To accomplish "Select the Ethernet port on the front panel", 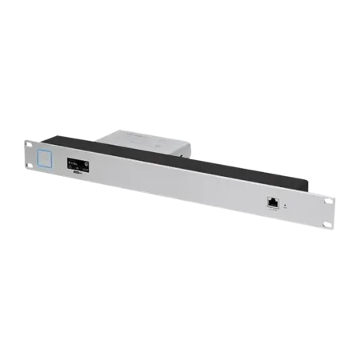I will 272,203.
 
